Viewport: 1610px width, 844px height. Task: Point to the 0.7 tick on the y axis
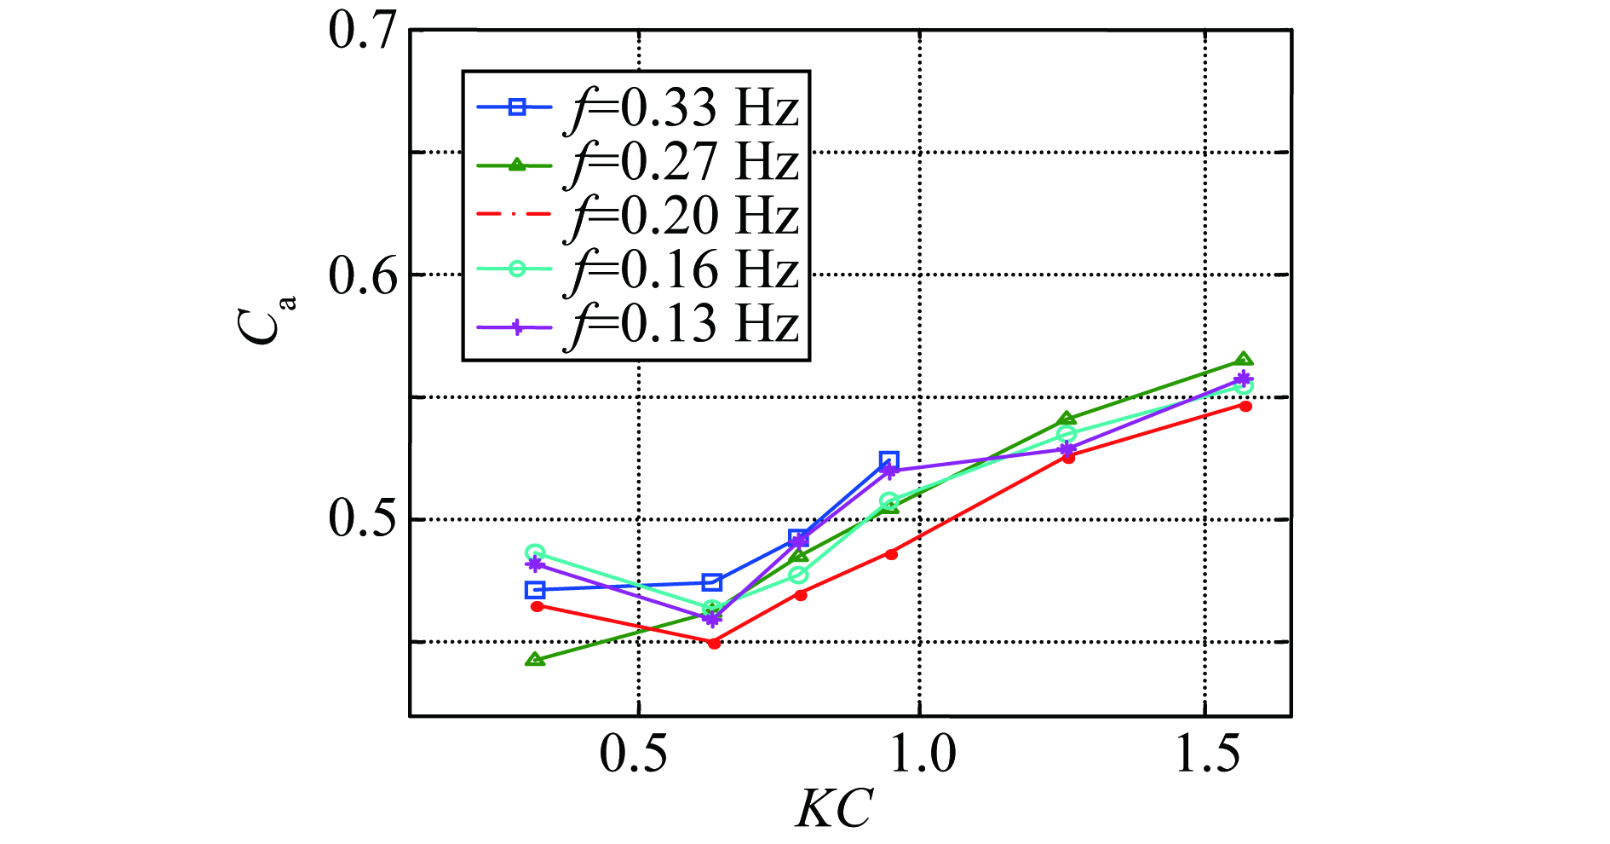364,32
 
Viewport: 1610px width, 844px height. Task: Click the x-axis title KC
834,808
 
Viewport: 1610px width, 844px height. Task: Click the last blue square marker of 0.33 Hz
889,461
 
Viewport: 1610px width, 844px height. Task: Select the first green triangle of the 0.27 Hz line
535,659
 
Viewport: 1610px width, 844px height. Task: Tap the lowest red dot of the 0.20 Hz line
714,643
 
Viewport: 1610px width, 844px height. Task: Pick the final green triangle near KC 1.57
1244,360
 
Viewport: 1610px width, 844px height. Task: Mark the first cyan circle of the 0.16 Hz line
535,553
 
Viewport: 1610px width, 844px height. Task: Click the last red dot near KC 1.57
1245,406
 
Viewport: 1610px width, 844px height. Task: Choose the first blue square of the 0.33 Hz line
535,590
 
